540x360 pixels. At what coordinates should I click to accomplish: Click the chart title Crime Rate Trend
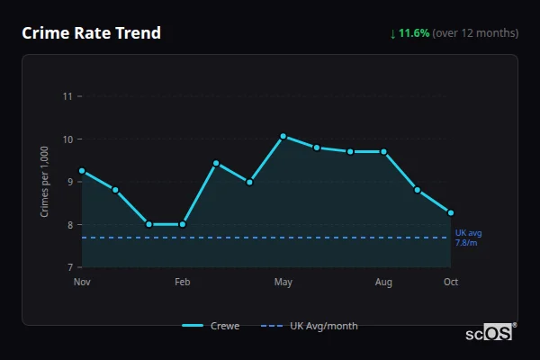(92, 33)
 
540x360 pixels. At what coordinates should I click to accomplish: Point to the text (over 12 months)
(475, 33)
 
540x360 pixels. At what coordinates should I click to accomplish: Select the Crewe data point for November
(82, 170)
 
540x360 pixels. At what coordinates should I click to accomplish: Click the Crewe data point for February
(183, 224)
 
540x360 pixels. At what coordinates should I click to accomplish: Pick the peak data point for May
(283, 136)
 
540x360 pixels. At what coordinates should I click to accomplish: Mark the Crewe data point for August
(383, 152)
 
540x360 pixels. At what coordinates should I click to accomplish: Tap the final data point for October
(450, 212)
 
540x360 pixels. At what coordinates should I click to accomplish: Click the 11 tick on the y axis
(67, 96)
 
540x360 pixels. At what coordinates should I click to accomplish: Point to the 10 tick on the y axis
(67, 139)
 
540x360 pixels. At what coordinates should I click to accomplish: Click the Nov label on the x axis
(82, 283)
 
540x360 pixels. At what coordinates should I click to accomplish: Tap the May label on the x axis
(283, 283)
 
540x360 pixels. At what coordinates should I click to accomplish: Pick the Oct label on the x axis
(451, 283)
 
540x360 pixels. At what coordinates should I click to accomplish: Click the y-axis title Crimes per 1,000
(44, 181)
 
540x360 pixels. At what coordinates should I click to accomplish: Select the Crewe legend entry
(211, 326)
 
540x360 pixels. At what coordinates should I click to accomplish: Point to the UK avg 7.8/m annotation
(468, 238)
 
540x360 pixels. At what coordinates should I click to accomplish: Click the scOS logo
(489, 332)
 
